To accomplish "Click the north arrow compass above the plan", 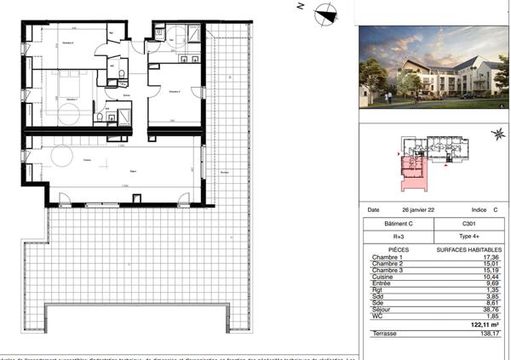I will pos(325,13).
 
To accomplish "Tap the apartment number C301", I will pos(466,223).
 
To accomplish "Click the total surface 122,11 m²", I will pos(482,324).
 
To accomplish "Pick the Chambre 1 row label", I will pos(388,257).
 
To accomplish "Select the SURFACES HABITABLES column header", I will pos(466,249).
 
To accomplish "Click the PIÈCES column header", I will pos(386,249).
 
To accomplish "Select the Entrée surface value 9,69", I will pos(491,285).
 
